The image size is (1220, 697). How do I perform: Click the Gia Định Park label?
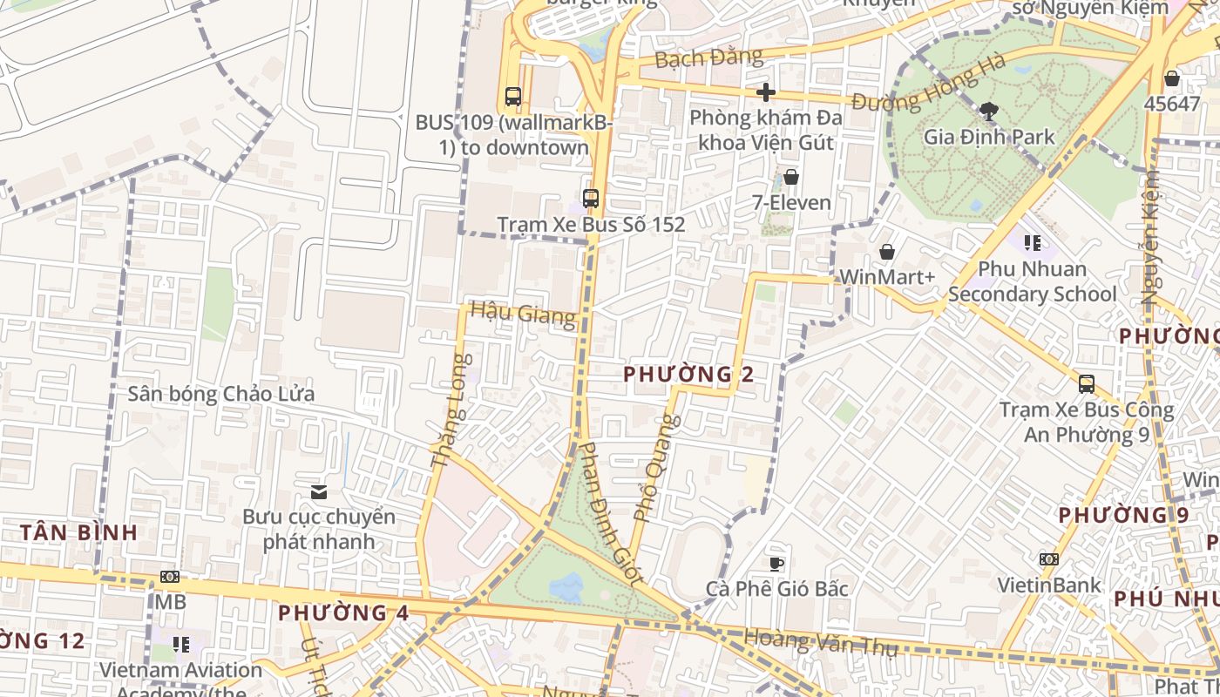tap(988, 137)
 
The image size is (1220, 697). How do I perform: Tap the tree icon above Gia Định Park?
tap(988, 111)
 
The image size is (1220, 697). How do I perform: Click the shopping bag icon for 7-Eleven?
tap(790, 178)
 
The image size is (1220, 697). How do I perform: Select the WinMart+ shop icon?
tap(886, 253)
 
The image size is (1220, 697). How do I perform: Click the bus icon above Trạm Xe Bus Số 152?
tap(591, 199)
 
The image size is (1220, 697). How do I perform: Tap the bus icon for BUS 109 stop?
tap(513, 97)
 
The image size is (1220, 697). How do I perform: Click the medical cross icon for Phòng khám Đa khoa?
tap(766, 92)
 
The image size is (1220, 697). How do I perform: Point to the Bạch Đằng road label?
tap(708, 58)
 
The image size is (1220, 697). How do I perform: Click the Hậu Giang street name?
tap(523, 313)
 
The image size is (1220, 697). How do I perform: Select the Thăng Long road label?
tap(451, 409)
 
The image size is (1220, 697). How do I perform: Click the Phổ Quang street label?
tap(655, 468)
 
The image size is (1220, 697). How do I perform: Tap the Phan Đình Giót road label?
tap(611, 512)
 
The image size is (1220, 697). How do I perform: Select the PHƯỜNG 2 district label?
tap(688, 375)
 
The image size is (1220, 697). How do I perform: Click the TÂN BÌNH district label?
tap(78, 532)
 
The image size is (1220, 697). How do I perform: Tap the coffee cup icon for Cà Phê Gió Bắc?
tap(776, 564)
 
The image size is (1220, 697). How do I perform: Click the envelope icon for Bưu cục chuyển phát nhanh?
tap(319, 492)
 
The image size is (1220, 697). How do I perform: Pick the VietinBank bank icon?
tap(1048, 559)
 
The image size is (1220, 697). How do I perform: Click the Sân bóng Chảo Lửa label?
tap(221, 394)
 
